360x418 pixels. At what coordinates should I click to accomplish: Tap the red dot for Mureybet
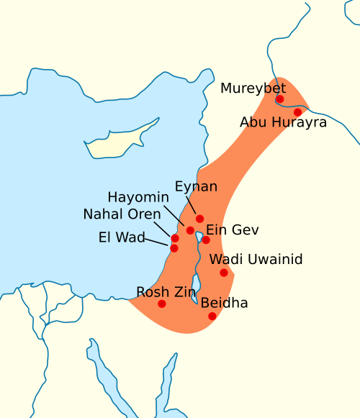pos(280,99)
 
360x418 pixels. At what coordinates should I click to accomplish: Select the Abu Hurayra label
pos(283,122)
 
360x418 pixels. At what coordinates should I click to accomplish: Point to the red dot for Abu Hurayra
pos(297,112)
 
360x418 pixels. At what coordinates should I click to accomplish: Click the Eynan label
pos(196,186)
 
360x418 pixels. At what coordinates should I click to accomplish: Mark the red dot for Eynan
pos(199,218)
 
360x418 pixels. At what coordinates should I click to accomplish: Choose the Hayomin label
pos(138,197)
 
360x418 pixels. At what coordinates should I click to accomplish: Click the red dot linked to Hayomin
pos(190,230)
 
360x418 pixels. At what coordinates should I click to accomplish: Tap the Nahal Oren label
pos(122,215)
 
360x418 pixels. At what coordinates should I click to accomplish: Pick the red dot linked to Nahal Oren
pos(174,238)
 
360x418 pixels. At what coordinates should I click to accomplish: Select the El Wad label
pos(122,236)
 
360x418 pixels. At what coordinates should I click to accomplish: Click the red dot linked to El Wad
pos(174,248)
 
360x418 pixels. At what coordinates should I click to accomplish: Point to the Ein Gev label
pos(232,230)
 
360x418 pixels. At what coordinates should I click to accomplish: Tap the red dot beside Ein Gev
pos(206,240)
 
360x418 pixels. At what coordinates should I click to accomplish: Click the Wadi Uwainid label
pos(256,259)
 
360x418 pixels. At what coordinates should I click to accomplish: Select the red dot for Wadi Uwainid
pos(224,272)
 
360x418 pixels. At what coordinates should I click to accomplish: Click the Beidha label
pos(224,303)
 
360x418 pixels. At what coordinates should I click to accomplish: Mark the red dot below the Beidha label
pos(212,316)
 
